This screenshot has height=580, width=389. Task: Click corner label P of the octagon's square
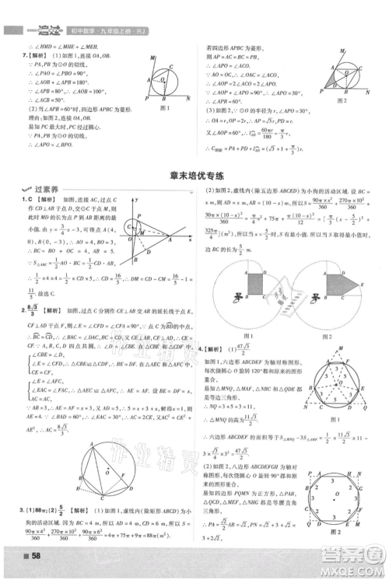pyautogui.click(x=310, y=472)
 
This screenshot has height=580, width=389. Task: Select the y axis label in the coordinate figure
pyautogui.click(x=136, y=201)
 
